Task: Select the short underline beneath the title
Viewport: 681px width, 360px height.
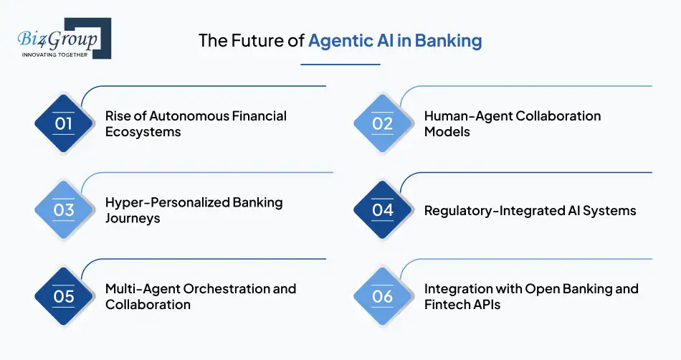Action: pyautogui.click(x=340, y=65)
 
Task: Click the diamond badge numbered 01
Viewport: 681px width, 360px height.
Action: pyautogui.click(x=64, y=123)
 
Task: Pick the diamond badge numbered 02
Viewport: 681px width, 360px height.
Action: pyautogui.click(x=383, y=123)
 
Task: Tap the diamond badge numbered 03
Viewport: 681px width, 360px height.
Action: pyautogui.click(x=64, y=210)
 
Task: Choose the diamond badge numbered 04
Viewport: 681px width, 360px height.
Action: pyautogui.click(x=383, y=210)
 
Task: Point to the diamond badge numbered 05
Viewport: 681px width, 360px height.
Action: pyautogui.click(x=64, y=296)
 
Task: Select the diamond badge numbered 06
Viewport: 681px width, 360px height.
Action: pyautogui.click(x=383, y=296)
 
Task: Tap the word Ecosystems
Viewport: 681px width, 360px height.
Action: pyautogui.click(x=143, y=132)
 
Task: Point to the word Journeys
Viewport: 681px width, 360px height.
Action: pyautogui.click(x=133, y=219)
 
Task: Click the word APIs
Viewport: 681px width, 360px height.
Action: pyautogui.click(x=487, y=305)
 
